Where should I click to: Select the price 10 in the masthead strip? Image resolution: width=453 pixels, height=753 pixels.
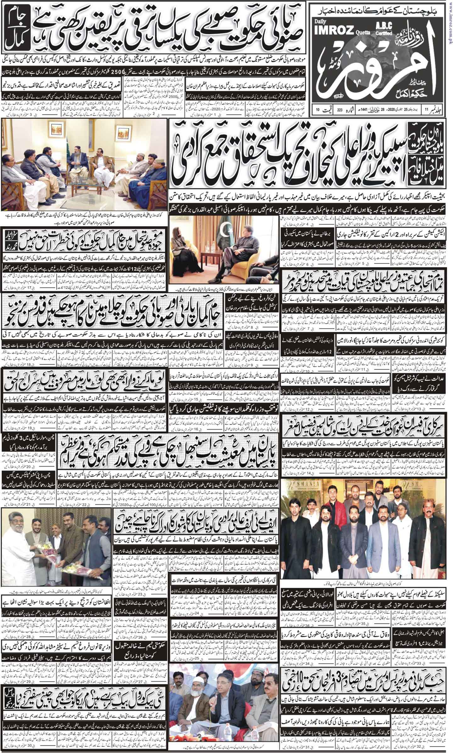(x=318, y=110)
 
